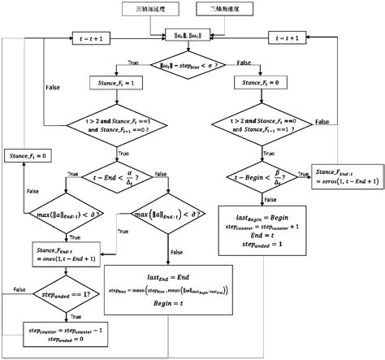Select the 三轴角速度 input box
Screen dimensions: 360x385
tap(223, 10)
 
